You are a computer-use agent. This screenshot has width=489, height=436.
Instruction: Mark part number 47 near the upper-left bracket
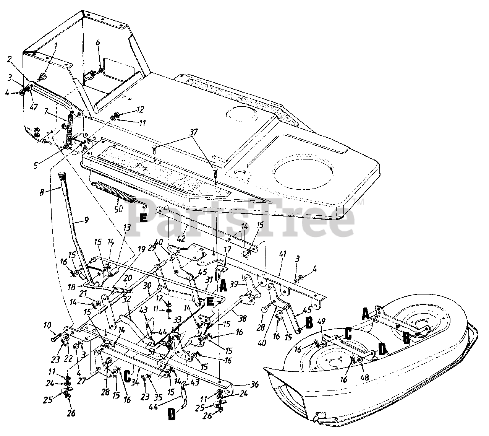click(x=34, y=107)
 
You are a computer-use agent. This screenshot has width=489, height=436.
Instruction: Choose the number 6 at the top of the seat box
click(x=97, y=43)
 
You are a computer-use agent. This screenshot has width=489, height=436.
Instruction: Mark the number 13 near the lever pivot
click(x=126, y=228)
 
